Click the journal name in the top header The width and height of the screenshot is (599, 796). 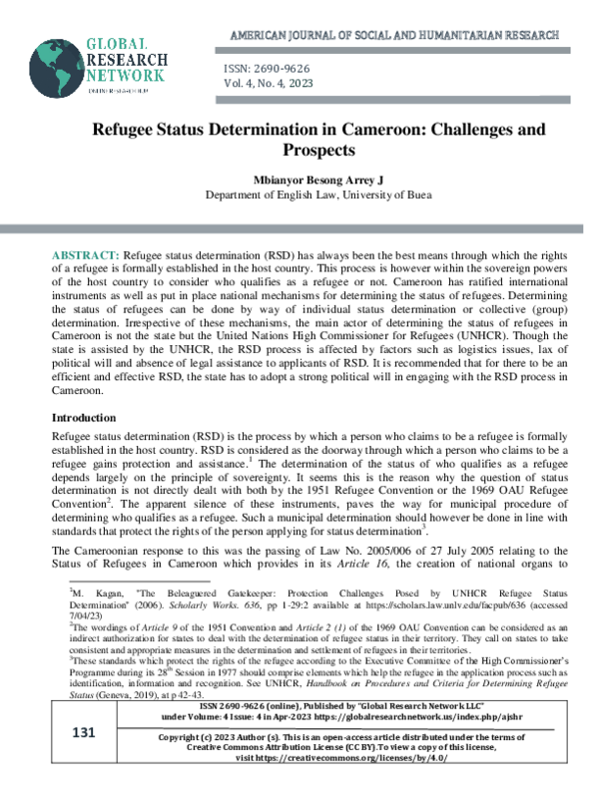coord(394,35)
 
